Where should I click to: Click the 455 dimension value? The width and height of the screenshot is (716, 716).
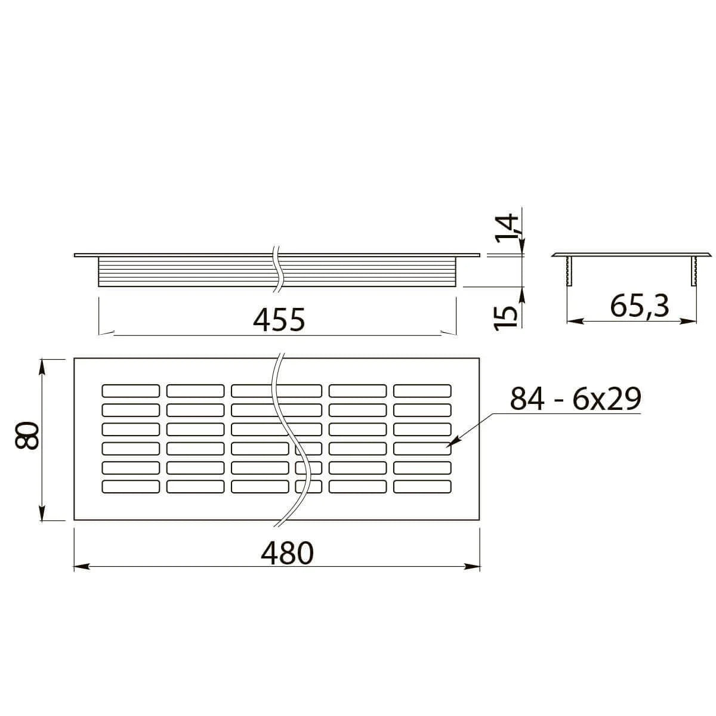pyautogui.click(x=279, y=320)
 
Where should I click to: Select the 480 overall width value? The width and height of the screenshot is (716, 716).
pyautogui.click(x=287, y=554)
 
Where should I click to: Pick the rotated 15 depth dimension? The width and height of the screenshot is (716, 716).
pyautogui.click(x=507, y=315)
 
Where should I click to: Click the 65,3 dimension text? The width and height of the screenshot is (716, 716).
pyautogui.click(x=640, y=307)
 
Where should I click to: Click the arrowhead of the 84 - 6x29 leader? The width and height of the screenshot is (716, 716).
pyautogui.click(x=451, y=444)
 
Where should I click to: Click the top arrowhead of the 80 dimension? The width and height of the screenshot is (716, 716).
pyautogui.click(x=42, y=365)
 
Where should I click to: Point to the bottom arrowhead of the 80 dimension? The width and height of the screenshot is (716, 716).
pyautogui.click(x=42, y=514)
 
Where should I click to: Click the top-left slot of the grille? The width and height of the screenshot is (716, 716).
pyautogui.click(x=131, y=390)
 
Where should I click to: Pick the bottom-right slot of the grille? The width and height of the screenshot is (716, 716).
pyautogui.click(x=422, y=487)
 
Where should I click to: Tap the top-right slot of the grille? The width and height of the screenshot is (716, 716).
pyautogui.click(x=422, y=390)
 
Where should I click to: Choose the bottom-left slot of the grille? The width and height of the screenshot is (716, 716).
pyautogui.click(x=131, y=487)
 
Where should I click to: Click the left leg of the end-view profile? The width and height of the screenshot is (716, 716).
pyautogui.click(x=569, y=271)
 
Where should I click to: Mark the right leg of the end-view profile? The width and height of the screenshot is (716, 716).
pyautogui.click(x=694, y=271)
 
